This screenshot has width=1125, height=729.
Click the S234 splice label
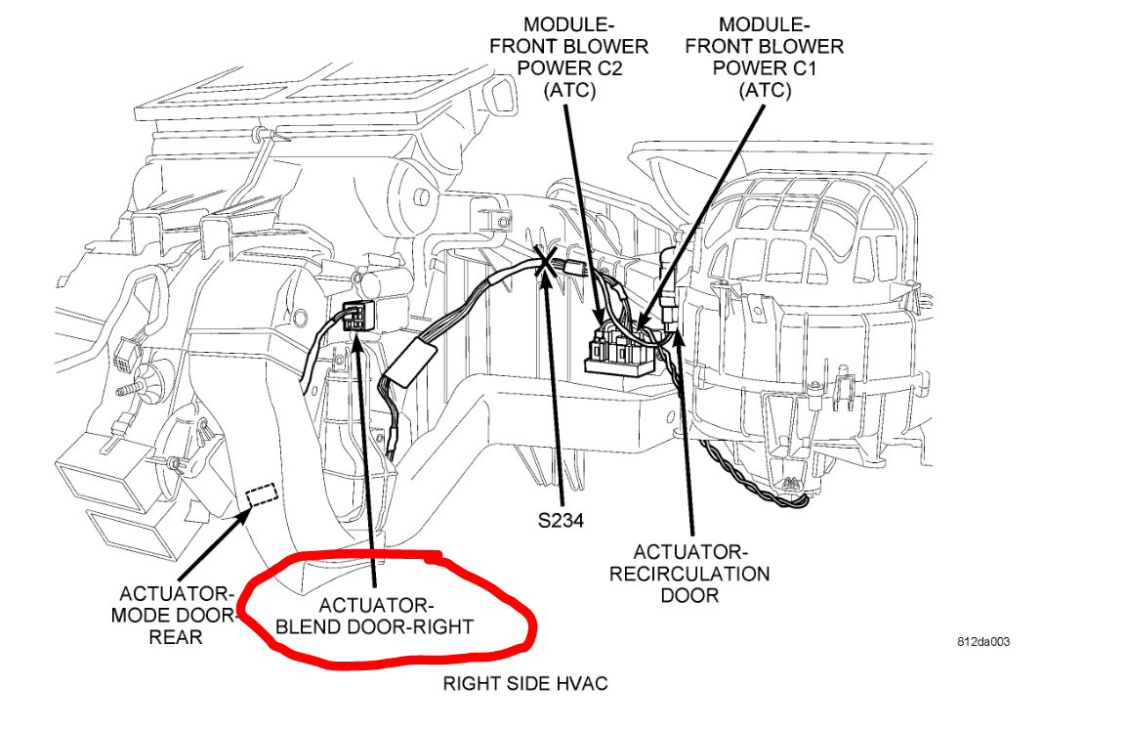click(560, 521)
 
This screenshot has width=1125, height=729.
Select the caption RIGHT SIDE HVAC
click(525, 683)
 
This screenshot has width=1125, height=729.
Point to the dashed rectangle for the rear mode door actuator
click(261, 495)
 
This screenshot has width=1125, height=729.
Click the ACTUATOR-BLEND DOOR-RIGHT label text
click(375, 615)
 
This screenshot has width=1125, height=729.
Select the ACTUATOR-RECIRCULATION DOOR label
click(689, 574)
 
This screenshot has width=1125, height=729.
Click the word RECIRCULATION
click(689, 574)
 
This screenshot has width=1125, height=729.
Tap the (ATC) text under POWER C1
click(765, 90)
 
